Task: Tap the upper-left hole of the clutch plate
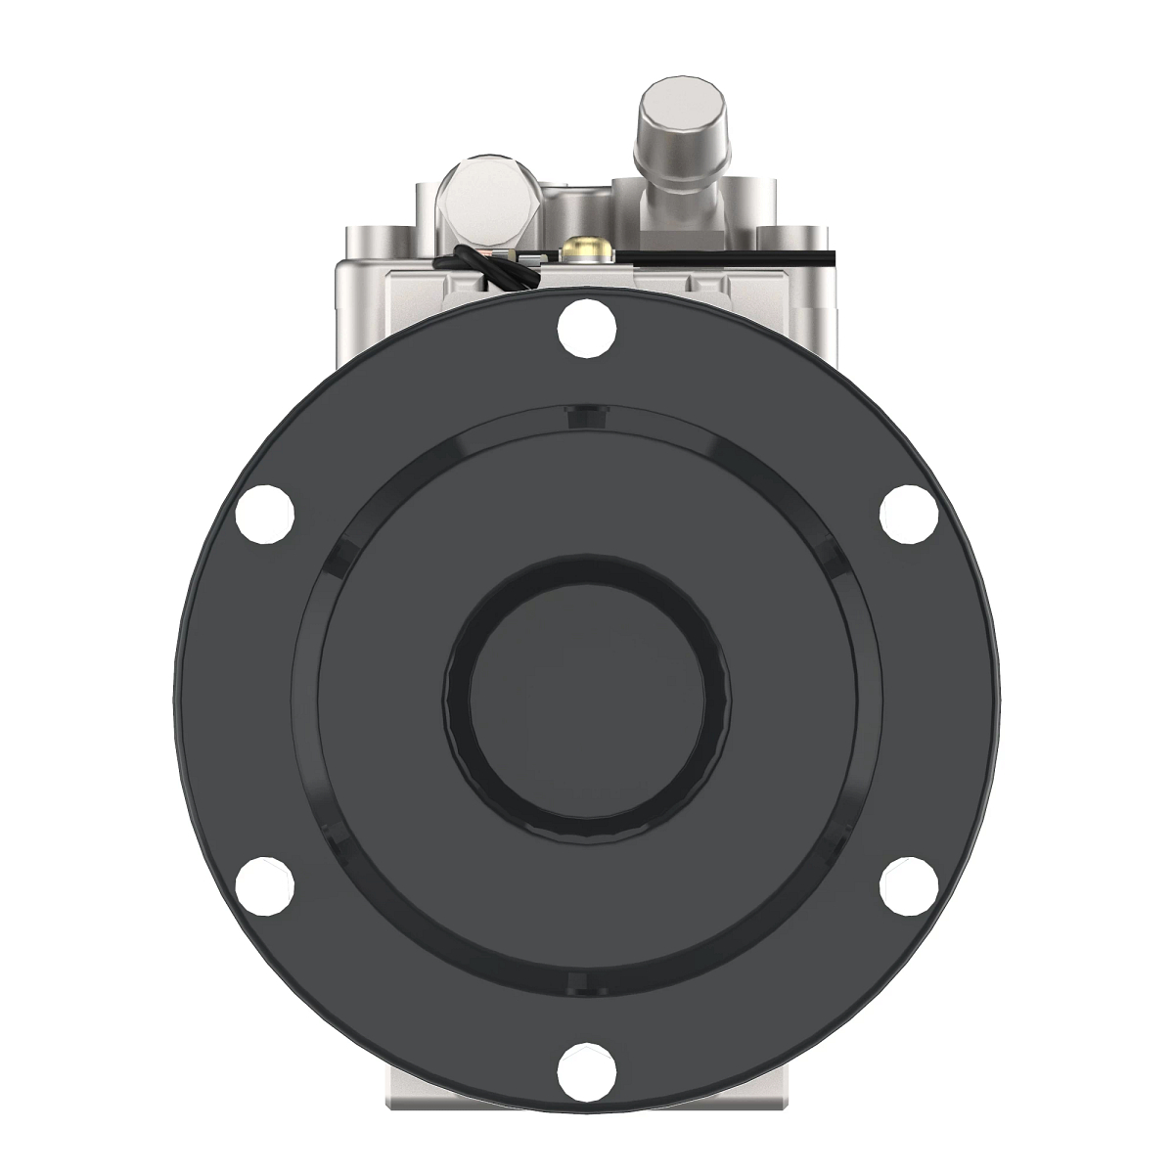tap(265, 513)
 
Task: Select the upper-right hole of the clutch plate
tap(909, 513)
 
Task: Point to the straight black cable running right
tap(724, 256)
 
